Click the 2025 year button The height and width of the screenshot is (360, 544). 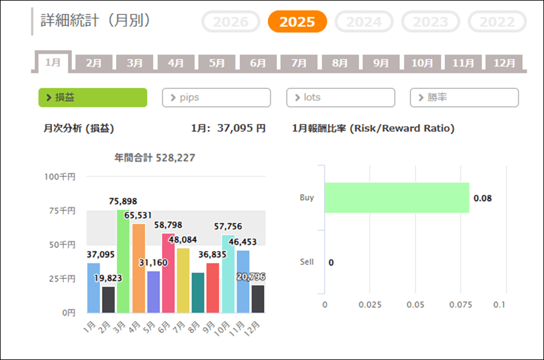(x=297, y=22)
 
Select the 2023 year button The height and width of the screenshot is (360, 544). (x=430, y=22)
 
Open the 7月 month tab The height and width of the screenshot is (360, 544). (x=299, y=63)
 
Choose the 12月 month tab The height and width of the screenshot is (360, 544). (x=504, y=63)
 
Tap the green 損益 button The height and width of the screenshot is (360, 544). (x=92, y=97)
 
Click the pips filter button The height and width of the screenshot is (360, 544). (x=216, y=97)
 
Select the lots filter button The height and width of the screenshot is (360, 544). (x=340, y=97)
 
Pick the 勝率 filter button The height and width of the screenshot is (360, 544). (x=464, y=97)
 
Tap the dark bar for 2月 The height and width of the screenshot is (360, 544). (x=109, y=300)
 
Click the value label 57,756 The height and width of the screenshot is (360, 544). (x=228, y=227)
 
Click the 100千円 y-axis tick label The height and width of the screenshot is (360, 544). (x=59, y=177)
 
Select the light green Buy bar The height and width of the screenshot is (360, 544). (x=397, y=198)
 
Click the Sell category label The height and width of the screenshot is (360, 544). (x=306, y=262)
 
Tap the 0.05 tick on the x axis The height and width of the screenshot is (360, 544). (x=415, y=305)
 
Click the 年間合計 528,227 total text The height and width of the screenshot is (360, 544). (x=155, y=158)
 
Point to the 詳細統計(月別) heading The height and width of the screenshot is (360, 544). (x=96, y=20)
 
